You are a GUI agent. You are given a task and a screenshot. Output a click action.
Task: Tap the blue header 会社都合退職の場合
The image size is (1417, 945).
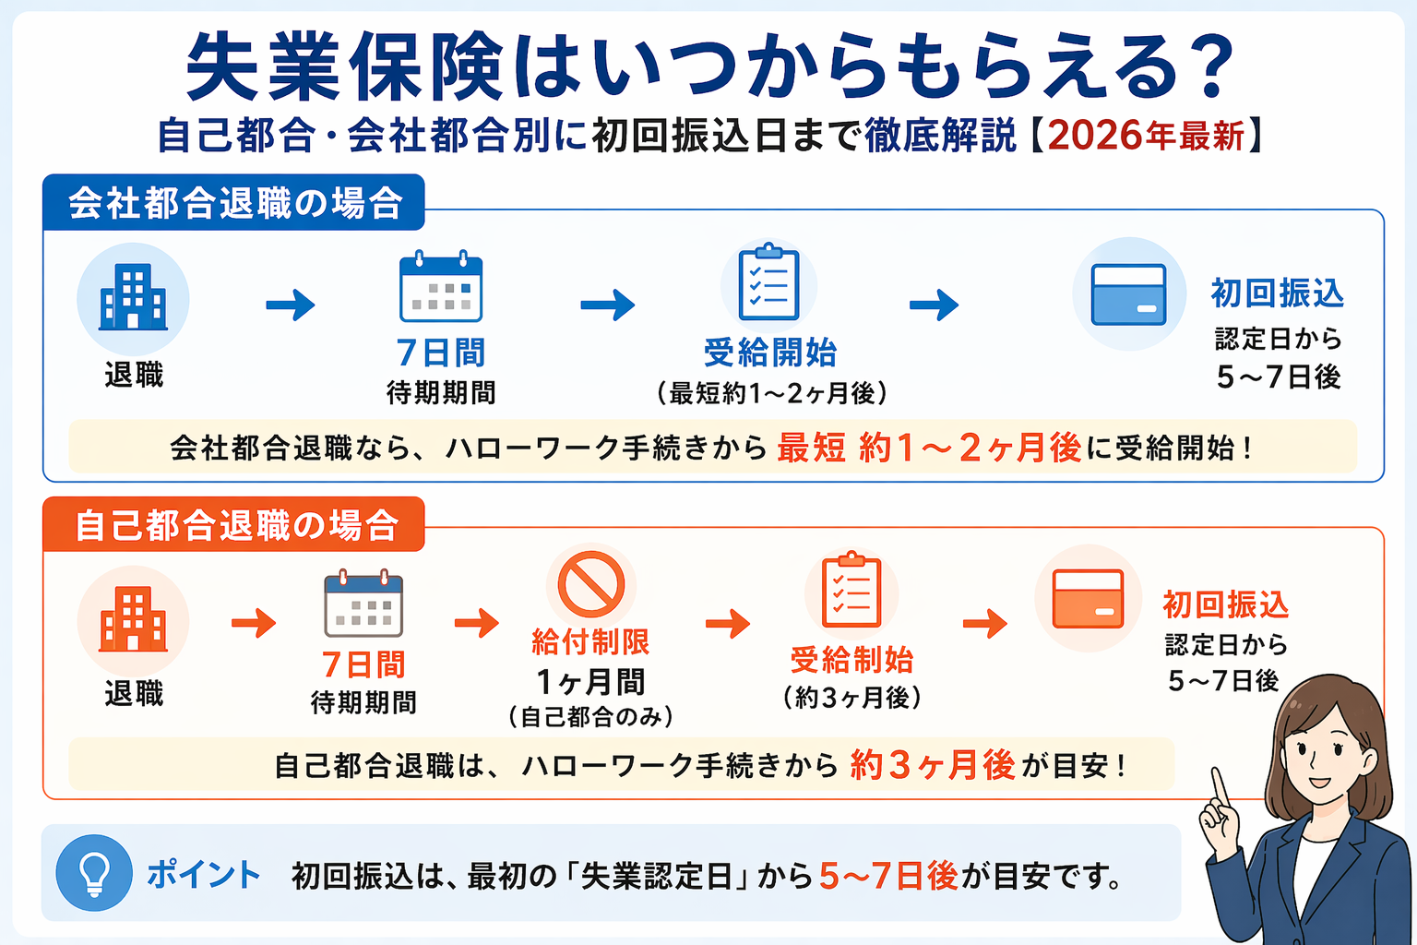click(234, 203)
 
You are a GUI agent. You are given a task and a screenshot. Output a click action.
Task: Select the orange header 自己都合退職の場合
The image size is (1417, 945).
click(236, 525)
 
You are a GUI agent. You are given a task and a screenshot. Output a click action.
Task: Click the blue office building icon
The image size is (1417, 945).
click(134, 297)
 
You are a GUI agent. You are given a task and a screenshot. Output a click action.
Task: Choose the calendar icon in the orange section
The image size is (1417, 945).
click(363, 604)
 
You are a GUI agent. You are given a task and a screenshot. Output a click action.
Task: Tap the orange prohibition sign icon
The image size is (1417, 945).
click(591, 584)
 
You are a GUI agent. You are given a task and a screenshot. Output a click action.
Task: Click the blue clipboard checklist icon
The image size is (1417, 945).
click(768, 282)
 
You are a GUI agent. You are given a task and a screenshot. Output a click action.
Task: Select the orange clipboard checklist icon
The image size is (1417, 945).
click(851, 591)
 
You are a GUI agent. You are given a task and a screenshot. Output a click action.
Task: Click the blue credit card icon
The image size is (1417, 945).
click(1128, 294)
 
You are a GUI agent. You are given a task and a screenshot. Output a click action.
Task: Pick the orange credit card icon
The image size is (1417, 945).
click(1089, 598)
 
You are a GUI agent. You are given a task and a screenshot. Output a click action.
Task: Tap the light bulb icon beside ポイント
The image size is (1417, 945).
click(94, 872)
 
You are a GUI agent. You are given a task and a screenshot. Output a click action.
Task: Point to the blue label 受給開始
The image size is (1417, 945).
click(770, 353)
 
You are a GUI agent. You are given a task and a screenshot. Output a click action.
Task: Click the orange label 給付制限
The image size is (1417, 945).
click(590, 642)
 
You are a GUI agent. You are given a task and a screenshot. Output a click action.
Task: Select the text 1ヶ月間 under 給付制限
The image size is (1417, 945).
click(590, 682)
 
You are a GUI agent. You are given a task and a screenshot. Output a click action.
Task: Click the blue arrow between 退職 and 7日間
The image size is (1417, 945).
click(291, 305)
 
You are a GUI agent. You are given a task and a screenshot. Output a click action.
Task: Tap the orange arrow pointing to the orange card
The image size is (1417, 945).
click(985, 623)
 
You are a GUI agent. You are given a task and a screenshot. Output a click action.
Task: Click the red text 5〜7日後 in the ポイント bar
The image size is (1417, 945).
click(888, 875)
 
